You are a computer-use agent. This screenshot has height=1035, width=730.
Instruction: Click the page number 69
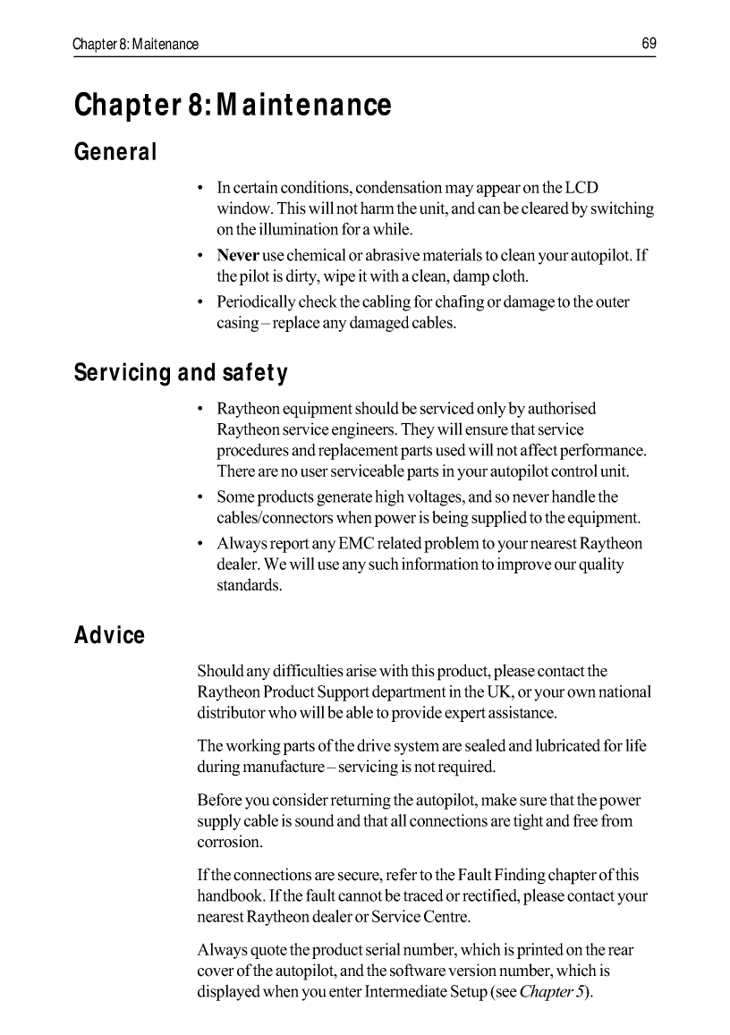click(649, 43)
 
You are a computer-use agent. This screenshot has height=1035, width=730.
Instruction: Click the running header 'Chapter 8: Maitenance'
click(136, 44)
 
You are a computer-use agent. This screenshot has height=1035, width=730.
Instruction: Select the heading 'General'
click(115, 152)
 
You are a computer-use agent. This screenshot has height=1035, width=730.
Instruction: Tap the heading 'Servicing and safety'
click(181, 372)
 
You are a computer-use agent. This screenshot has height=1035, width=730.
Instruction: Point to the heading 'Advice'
click(109, 635)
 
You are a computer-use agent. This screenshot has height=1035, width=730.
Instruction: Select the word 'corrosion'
click(230, 843)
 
